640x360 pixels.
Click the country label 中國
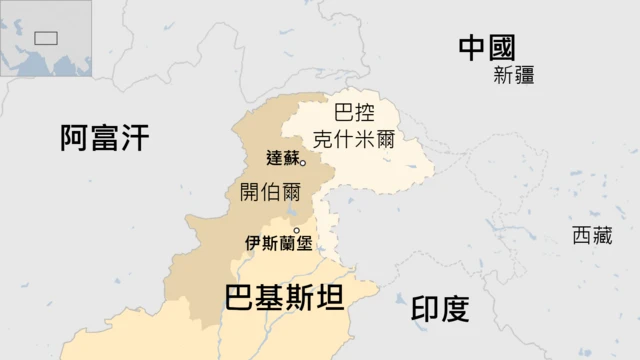pos(487,47)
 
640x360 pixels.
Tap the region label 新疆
pos(514,76)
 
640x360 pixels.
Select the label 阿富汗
pos(104,138)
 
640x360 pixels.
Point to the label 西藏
pos(591,236)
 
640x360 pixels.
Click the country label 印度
pos(440,308)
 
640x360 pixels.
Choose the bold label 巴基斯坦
pos(284,298)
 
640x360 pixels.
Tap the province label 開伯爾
pos(270,192)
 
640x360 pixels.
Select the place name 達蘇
pos(283,158)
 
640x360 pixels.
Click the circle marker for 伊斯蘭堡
pos(296,231)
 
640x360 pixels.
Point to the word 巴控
pos(353,114)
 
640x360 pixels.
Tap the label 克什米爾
pos(353,139)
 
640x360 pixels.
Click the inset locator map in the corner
pos(46,37)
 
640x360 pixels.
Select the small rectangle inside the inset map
pos(45,38)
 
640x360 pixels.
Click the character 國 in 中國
pos(502,47)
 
